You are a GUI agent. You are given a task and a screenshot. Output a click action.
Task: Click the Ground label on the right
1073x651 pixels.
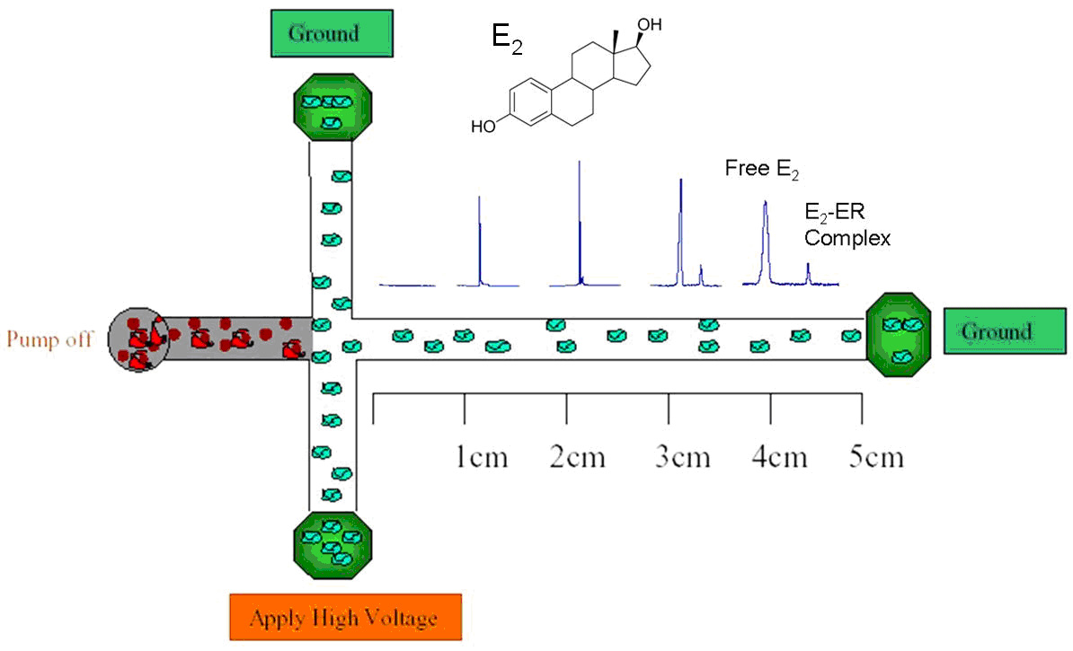1005,331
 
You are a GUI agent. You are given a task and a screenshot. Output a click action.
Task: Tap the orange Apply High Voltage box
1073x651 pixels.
345,618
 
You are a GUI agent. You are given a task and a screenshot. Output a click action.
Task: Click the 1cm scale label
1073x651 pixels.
480,457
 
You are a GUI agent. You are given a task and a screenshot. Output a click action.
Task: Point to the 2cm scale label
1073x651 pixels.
577,457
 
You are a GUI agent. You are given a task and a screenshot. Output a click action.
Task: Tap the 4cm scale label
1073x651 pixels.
781,457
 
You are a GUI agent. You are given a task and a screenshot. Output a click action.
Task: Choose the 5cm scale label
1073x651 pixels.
876,457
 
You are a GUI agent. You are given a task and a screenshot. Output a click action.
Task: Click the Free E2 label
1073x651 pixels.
761,169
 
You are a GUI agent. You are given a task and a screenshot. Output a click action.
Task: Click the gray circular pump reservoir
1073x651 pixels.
137,340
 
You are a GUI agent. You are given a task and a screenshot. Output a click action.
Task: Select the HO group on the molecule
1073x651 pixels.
483,127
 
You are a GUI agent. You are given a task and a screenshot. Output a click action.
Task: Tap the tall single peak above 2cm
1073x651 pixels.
580,224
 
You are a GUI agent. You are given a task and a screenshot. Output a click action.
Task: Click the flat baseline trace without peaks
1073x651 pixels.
407,285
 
